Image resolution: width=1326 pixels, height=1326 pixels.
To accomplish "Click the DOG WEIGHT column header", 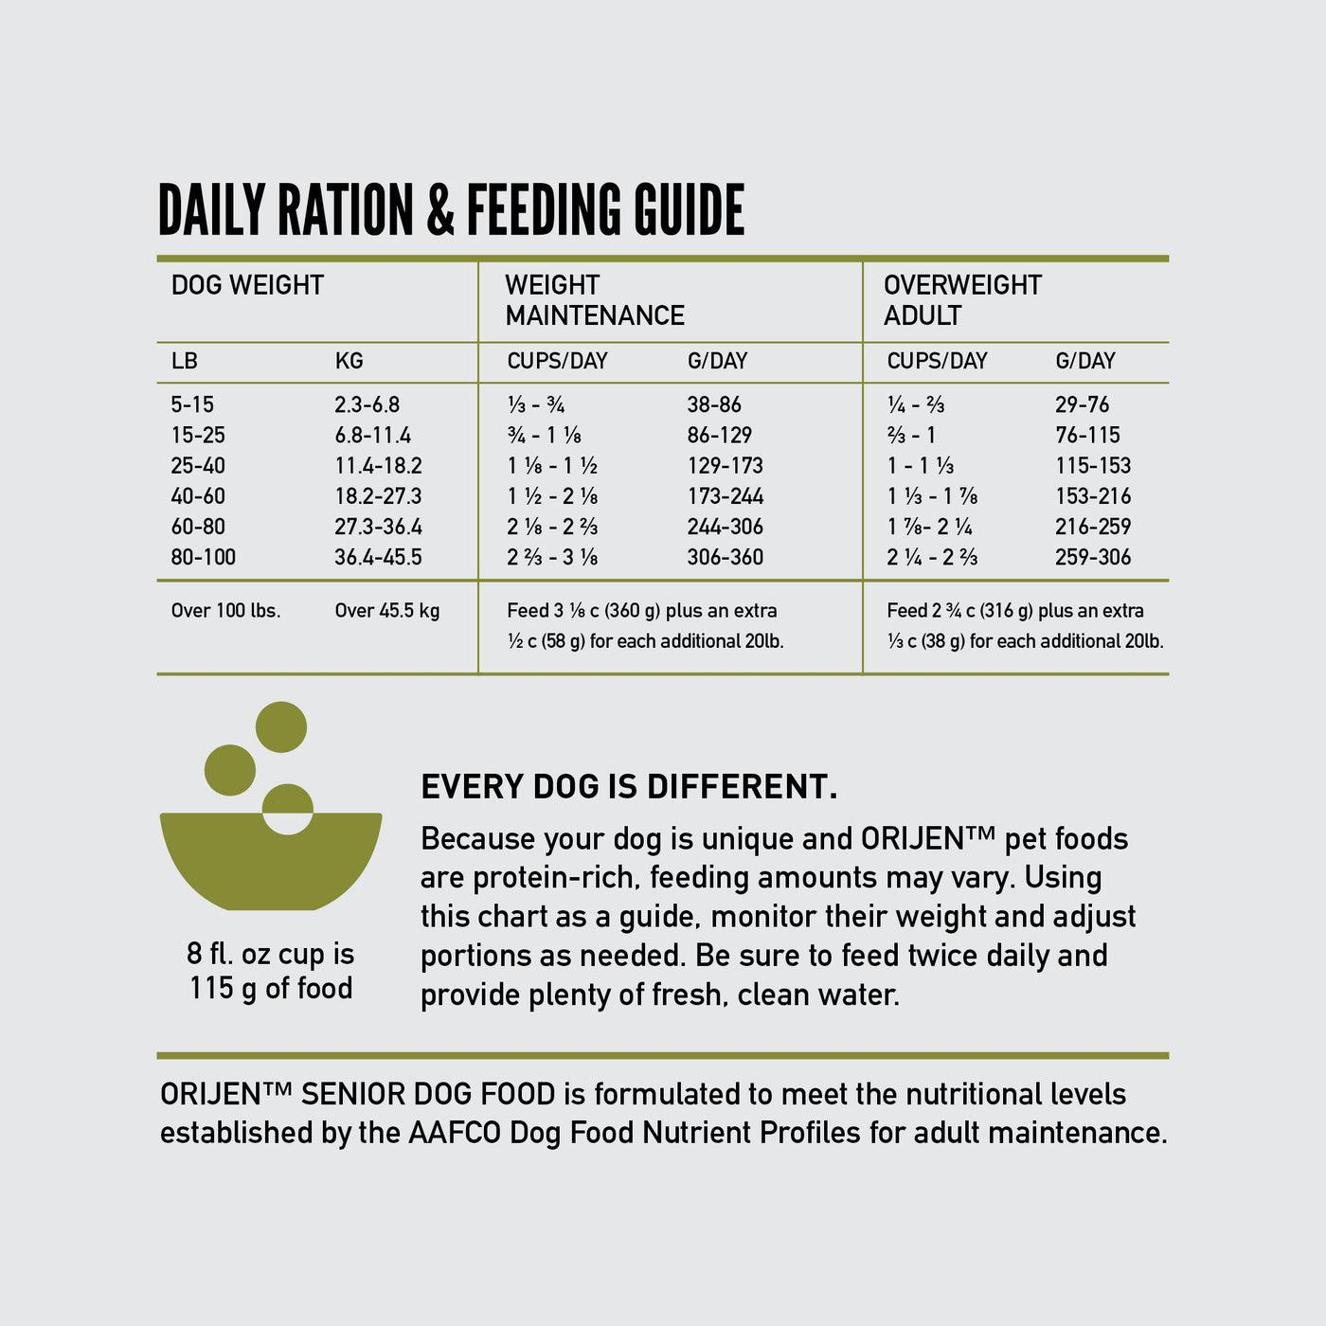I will (247, 285).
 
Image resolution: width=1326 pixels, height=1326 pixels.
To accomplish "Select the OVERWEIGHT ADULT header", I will (961, 300).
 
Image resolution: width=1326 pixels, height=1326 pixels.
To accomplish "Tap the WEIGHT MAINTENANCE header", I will (594, 300).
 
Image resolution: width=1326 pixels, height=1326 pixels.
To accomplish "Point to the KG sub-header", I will (349, 361).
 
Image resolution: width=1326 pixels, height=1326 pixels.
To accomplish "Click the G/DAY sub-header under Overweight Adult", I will (1085, 361).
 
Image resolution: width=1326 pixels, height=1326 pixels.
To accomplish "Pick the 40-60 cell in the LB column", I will (198, 496).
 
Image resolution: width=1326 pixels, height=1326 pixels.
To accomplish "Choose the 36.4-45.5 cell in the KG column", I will (378, 557).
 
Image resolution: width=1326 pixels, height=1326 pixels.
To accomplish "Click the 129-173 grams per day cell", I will (725, 466).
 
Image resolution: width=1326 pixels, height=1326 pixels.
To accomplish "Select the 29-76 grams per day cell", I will (1082, 404).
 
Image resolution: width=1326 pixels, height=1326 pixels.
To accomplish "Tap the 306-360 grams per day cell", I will (725, 557).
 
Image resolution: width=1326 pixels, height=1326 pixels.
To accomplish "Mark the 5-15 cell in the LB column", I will (192, 404).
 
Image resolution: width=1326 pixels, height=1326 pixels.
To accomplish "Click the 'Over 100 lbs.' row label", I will (225, 611).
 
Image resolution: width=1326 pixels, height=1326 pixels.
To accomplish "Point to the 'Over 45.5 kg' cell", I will (386, 611).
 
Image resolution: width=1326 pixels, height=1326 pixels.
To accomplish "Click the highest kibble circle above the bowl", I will (281, 727).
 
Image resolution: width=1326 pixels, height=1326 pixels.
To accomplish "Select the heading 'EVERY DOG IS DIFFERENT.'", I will (629, 787).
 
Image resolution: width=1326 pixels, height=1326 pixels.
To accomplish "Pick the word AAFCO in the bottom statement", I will (455, 1133).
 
